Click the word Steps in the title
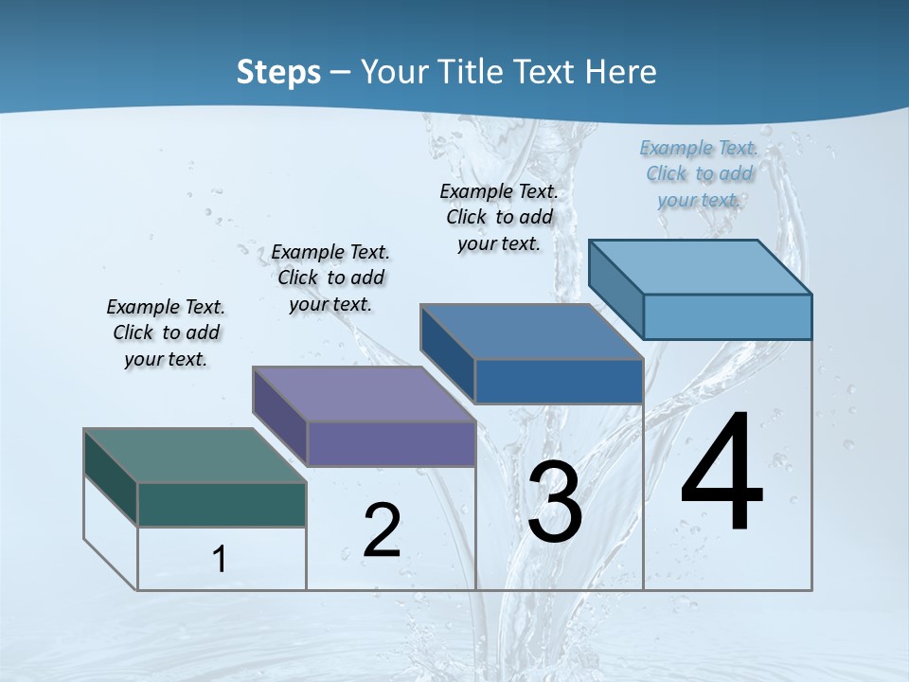tap(278, 72)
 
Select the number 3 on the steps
tap(555, 502)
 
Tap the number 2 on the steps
tap(382, 530)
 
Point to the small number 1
tap(219, 559)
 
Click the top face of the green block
tap(195, 456)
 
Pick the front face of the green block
tap(222, 504)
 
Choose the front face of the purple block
tap(391, 443)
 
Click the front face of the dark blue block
tap(559, 381)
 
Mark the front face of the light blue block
tap(727, 316)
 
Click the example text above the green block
tap(166, 332)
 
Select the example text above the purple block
tap(330, 278)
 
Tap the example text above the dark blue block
tap(499, 217)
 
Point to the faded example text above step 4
tap(699, 173)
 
